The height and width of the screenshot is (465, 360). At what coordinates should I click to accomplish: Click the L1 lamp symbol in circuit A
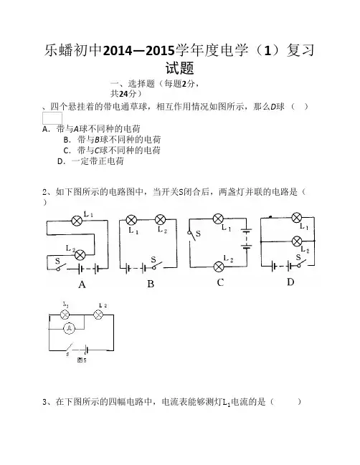pos(77,221)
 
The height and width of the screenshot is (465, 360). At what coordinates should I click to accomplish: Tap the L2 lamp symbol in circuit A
pos(80,255)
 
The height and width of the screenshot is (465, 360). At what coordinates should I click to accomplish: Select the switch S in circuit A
pos(60,267)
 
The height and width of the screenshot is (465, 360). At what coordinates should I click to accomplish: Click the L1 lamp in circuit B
pos(131,220)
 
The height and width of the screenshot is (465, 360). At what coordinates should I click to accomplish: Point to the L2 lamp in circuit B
pos(160,220)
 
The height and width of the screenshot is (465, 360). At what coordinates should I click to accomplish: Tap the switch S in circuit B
pos(157,266)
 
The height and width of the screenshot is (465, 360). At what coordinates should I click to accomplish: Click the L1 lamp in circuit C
pos(219,219)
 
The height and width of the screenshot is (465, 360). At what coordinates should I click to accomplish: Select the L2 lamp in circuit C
pos(219,267)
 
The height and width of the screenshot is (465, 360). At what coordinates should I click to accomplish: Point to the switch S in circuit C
pos(191,235)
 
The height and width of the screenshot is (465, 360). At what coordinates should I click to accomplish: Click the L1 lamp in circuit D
pos(297,218)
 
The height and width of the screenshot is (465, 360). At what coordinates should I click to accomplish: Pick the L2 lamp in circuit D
pos(297,241)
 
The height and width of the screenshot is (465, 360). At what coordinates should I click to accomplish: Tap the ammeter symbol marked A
pos(69,328)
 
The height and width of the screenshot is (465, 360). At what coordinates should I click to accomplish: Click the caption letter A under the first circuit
pos(82,284)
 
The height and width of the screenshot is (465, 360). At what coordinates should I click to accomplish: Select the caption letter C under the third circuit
pos(220,282)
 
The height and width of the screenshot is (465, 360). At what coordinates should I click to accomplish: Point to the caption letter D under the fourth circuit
pos(290,282)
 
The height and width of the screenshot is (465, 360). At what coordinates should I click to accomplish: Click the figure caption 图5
pos(82,360)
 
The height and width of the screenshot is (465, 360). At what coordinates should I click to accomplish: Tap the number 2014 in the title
pos(117,51)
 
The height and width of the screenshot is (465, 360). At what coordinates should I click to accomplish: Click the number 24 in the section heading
pos(123,94)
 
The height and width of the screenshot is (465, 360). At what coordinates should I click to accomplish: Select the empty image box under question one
pos(52,118)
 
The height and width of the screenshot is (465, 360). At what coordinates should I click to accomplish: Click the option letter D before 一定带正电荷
pos(60,161)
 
